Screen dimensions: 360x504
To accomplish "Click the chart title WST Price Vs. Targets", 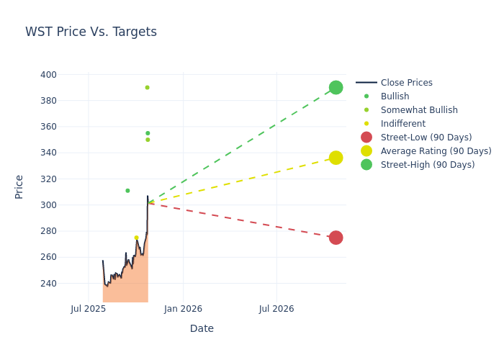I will tap(91, 32).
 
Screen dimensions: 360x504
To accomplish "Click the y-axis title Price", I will tap(19, 186).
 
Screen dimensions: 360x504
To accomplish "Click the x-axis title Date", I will tap(202, 328).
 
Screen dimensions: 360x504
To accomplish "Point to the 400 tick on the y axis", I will tap(48, 75).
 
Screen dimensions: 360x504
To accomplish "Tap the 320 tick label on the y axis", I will tap(48, 179).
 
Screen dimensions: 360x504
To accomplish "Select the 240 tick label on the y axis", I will tap(48, 284).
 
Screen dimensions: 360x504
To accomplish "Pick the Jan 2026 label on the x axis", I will tap(183, 309).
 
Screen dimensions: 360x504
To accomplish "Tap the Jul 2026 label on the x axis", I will tap(276, 309).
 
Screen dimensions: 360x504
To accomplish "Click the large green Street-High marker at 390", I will tap(336, 87).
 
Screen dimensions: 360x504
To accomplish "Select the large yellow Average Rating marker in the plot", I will tap(336, 158).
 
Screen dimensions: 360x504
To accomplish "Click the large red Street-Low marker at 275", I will tap(336, 238).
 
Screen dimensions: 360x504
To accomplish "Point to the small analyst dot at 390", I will tap(147, 87).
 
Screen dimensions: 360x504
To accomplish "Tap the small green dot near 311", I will tap(127, 191).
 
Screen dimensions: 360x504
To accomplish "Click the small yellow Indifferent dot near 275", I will tap(136, 238).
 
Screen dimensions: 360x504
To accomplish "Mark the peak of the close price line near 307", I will tap(148, 196).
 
